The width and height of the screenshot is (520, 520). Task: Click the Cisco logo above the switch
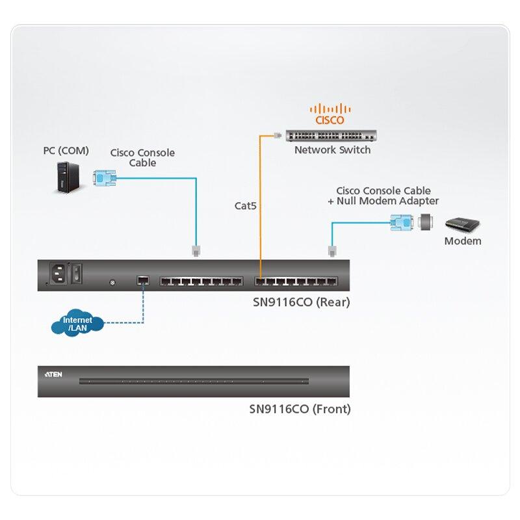point(330,114)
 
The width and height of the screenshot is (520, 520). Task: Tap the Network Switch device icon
point(331,136)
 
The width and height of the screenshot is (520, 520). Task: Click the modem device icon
point(462,226)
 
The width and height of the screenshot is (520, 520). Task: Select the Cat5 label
point(246,206)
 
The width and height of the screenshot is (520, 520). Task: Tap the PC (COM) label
point(66,151)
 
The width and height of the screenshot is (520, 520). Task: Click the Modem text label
point(462,241)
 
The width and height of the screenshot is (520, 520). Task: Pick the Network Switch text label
point(332,150)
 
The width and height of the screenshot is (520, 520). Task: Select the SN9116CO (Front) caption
point(300,409)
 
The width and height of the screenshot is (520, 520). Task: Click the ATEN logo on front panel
point(53,375)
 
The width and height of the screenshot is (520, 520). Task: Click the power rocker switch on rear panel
point(77,273)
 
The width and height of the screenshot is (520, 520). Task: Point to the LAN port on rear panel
point(142,281)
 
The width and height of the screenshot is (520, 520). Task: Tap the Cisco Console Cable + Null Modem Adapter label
point(383,196)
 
